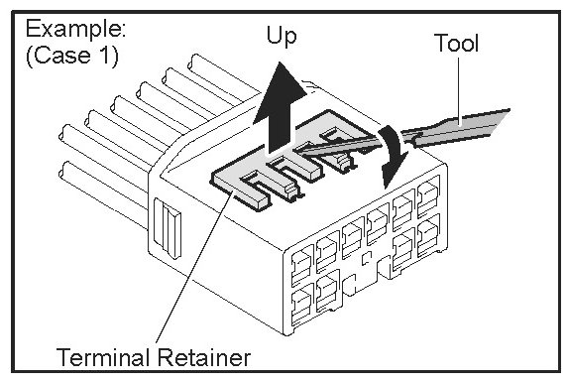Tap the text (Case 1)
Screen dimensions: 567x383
tap(72, 56)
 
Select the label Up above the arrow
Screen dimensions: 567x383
tap(282, 36)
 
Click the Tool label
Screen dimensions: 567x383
tap(456, 43)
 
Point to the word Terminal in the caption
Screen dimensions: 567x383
tap(104, 357)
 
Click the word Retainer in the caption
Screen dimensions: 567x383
tap(203, 357)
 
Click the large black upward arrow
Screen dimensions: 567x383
tap(280, 107)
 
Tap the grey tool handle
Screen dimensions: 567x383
tap(459, 127)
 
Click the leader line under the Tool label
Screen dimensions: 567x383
tap(459, 88)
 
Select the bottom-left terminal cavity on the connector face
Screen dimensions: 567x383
tap(302, 304)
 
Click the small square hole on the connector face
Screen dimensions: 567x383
tap(367, 258)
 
